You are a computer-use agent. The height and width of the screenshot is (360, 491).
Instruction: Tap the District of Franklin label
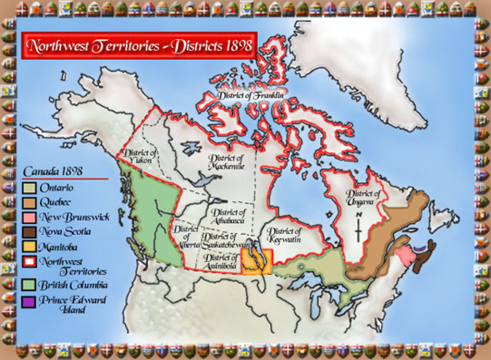[251, 96]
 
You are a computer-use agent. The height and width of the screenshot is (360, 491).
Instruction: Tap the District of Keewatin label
[284, 235]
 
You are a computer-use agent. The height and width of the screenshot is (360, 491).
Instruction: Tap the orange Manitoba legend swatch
[28, 246]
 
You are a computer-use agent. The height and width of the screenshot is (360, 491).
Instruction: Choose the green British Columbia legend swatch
[28, 285]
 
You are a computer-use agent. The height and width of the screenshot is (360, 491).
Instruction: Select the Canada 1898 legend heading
[54, 172]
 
